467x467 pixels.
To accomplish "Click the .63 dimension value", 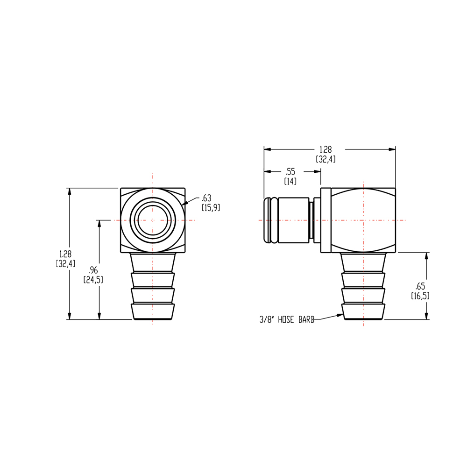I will [x=206, y=198].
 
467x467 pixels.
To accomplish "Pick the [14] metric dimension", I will [x=290, y=181].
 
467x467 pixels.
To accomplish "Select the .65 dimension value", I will [x=420, y=287].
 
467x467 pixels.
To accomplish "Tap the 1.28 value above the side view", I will [x=325, y=150].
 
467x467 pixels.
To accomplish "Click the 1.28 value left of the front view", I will [x=65, y=254].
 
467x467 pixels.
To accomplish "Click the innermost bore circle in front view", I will [x=152, y=220].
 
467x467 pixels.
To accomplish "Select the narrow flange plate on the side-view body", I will [x=325, y=220].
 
